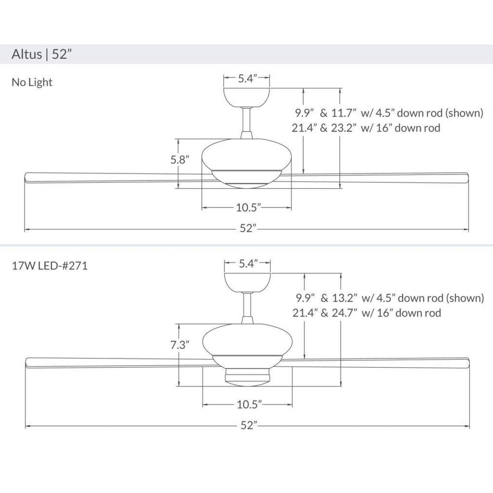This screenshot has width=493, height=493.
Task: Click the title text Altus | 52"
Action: [x=39, y=54]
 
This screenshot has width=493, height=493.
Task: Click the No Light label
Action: [x=32, y=82]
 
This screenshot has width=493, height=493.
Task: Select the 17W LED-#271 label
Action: [x=50, y=266]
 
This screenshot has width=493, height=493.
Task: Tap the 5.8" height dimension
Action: [x=180, y=160]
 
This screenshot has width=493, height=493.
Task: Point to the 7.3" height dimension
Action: [x=180, y=345]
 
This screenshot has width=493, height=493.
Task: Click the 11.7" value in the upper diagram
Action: [x=344, y=112]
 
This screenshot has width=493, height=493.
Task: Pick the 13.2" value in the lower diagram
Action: [x=345, y=298]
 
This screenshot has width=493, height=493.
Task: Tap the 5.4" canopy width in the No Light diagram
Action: [x=247, y=78]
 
